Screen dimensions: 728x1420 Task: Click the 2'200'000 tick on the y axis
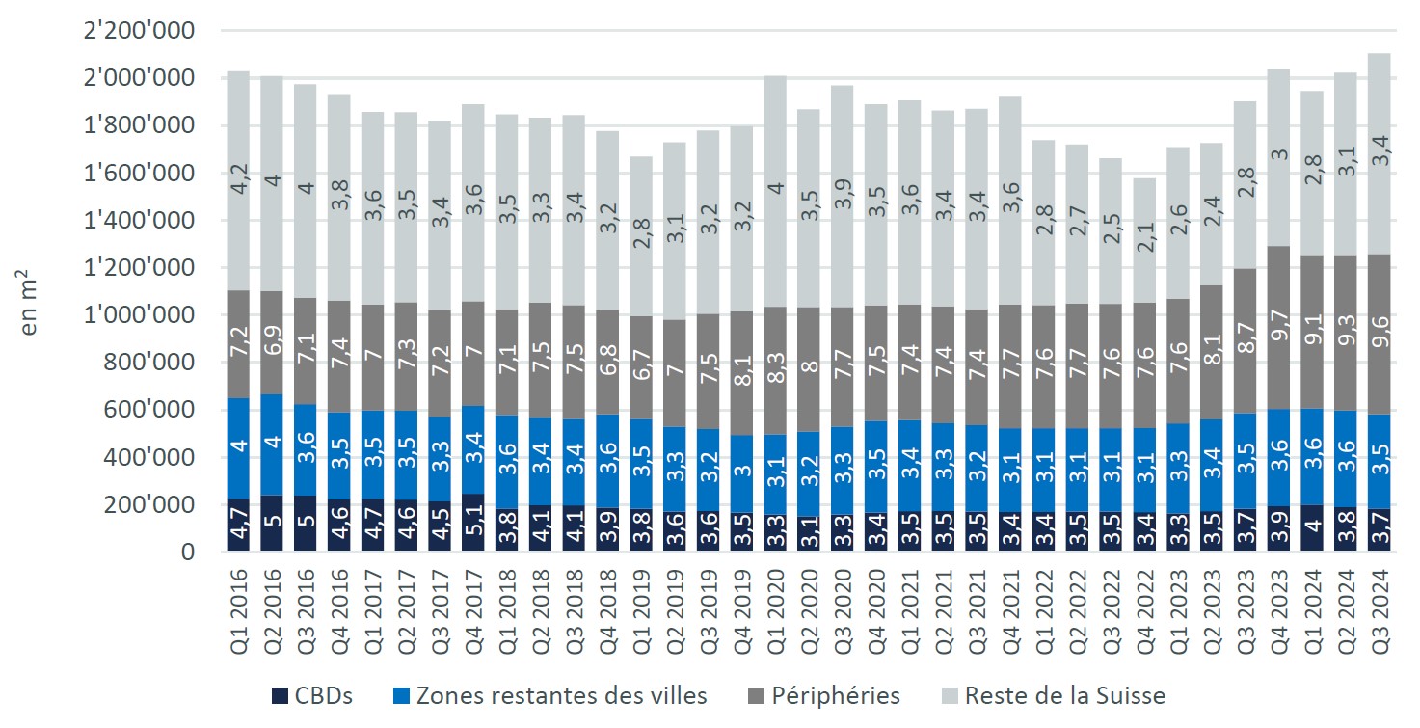coord(141,31)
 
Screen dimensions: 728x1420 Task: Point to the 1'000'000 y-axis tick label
coord(141,315)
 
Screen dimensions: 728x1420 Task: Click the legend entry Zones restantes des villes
coord(550,695)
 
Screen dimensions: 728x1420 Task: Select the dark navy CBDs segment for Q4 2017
coord(472,523)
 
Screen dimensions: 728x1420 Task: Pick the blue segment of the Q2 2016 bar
coord(271,445)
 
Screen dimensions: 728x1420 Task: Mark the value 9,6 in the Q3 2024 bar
coord(1380,347)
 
